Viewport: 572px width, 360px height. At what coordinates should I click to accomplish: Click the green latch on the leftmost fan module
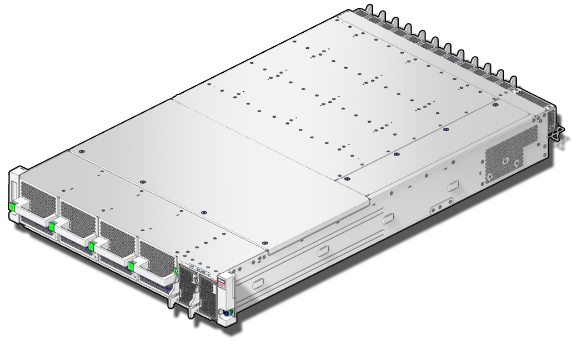pyautogui.click(x=12, y=207)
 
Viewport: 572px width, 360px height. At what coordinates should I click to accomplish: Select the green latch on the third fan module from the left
pyautogui.click(x=91, y=245)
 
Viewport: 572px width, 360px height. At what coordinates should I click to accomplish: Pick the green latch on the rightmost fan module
pyautogui.click(x=131, y=266)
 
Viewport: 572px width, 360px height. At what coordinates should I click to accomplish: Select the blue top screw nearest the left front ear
pyautogui.click(x=81, y=152)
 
